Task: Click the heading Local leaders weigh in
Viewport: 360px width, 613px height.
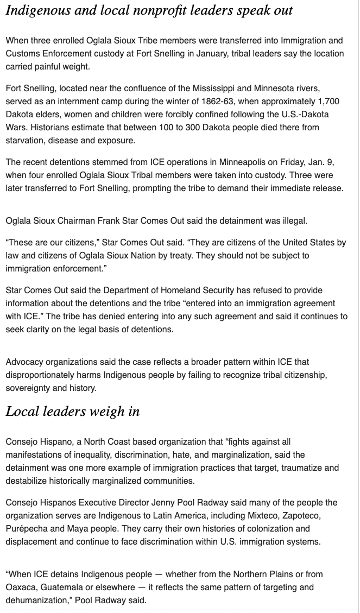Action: coord(73,412)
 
